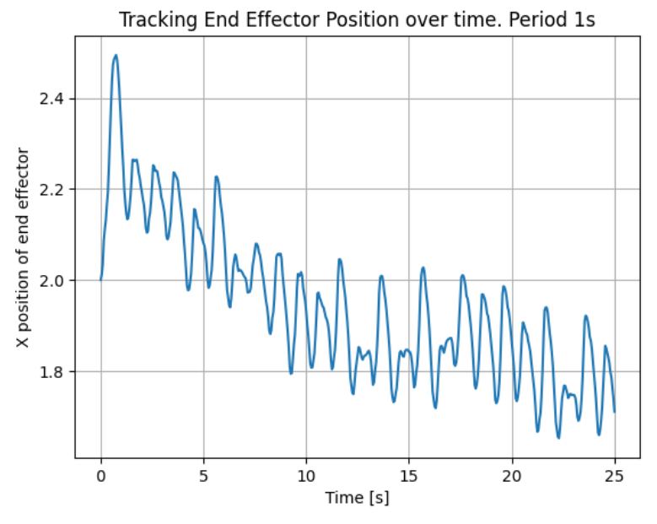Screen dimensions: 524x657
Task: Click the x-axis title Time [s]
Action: [358, 498]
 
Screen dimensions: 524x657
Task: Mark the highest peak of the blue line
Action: [116, 56]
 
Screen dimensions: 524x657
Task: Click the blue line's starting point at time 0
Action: [101, 279]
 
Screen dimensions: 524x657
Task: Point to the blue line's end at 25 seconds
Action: [615, 412]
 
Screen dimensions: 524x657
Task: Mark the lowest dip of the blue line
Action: [558, 437]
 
